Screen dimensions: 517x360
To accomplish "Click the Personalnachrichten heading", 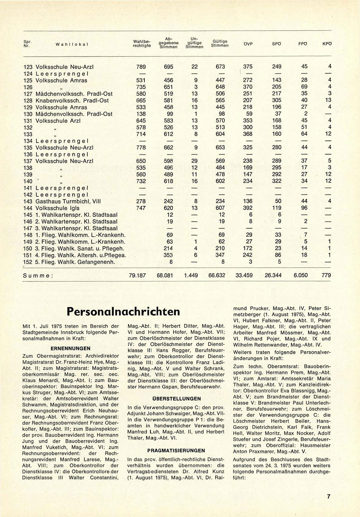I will pyautogui.click(x=123, y=312).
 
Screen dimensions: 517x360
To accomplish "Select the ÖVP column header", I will pyautogui.click(x=248, y=44).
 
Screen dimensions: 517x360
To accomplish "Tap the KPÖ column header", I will pyautogui.click(x=327, y=44).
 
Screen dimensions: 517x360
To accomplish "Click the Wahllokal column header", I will pyautogui.click(x=72, y=44).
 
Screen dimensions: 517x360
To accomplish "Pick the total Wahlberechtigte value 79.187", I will pyautogui.click(x=137, y=275).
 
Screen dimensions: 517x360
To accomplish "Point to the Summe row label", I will pyautogui.click(x=38, y=276).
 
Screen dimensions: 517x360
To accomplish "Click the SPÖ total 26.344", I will pyautogui.click(x=273, y=275).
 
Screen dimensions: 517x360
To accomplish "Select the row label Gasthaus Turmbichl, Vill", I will pyautogui.click(x=68, y=201).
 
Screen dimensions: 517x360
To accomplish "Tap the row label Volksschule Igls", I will pyautogui.click(x=57, y=208).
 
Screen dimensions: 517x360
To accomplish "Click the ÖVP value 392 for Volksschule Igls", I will pyautogui.click(x=247, y=208).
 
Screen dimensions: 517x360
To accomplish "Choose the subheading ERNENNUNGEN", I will pyautogui.click(x=70, y=348).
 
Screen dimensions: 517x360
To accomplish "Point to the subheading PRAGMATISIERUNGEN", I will pyautogui.click(x=176, y=450).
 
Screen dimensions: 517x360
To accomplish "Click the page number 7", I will pyautogui.click(x=329, y=496).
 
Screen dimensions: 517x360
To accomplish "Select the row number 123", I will pyautogui.click(x=28, y=67).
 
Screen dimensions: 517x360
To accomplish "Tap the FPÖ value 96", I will pyautogui.click(x=304, y=208).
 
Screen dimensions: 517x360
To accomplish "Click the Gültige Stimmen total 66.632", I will pyautogui.click(x=217, y=275).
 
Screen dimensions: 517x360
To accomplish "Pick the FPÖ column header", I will pyautogui.click(x=303, y=44).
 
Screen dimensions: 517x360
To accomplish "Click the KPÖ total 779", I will pyautogui.click(x=326, y=275).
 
